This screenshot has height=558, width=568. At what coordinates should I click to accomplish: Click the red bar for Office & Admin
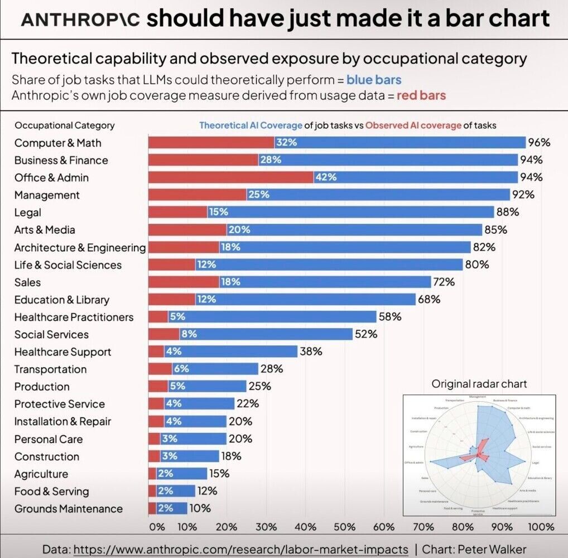(x=230, y=177)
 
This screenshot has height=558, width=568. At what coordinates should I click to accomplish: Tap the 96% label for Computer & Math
(x=539, y=143)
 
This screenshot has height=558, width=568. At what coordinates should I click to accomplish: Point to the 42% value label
(x=326, y=177)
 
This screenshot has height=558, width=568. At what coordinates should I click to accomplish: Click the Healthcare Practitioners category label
(x=74, y=317)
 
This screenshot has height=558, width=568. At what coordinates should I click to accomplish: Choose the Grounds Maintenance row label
(x=68, y=509)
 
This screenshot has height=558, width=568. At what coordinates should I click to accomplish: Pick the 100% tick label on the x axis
(x=541, y=527)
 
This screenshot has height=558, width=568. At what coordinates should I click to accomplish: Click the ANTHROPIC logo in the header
(x=79, y=21)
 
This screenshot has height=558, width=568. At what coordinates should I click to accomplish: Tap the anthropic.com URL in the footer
(x=241, y=549)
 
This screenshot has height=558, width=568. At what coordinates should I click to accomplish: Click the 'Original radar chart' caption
(x=479, y=384)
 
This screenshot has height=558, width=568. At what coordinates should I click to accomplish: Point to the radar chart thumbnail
(x=479, y=455)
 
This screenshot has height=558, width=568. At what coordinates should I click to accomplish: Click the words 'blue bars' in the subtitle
(x=373, y=79)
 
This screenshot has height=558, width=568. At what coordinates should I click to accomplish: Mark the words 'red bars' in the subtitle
(x=421, y=95)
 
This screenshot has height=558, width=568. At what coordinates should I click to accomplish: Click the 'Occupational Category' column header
(x=65, y=126)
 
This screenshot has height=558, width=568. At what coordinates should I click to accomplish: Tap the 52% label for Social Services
(x=366, y=334)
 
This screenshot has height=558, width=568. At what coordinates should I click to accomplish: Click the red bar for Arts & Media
(x=187, y=230)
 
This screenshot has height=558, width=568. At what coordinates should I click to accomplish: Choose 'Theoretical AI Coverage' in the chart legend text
(x=251, y=126)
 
